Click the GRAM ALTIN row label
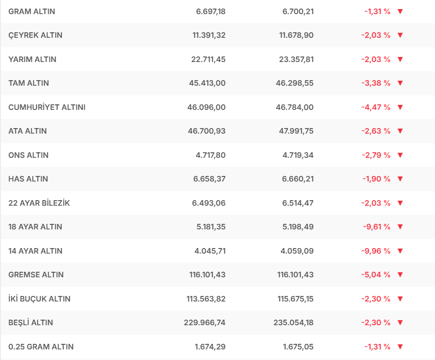click(32, 11)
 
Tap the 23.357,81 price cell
click(296, 59)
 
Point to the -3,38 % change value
click(376, 83)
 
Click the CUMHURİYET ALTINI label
click(47, 107)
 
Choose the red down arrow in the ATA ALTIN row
click(400, 131)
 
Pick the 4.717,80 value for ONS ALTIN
click(210, 155)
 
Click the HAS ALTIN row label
click(28, 179)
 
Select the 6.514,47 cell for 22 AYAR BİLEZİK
click(298, 203)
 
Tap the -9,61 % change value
click(377, 227)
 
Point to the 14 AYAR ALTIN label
click(35, 251)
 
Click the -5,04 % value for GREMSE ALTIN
click(376, 275)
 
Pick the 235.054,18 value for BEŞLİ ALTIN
click(295, 323)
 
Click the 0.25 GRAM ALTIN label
click(41, 347)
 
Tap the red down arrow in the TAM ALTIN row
click(400, 83)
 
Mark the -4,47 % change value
click(376, 107)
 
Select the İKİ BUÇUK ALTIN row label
click(39, 299)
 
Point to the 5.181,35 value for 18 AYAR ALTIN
click(210, 227)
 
